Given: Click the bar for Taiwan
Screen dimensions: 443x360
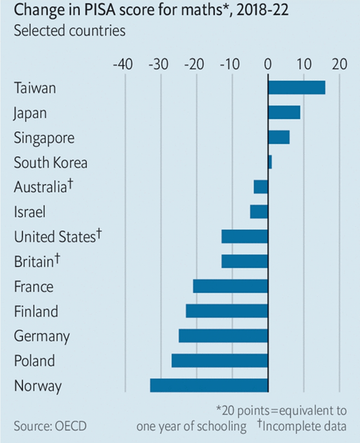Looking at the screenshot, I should coord(296,87).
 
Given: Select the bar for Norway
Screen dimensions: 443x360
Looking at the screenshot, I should coord(208,385).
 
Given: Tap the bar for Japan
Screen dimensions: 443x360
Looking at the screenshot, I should coord(284,112).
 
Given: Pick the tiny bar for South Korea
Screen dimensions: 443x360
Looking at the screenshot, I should coord(269,162).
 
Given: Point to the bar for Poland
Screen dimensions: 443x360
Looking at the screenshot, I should coord(219,360).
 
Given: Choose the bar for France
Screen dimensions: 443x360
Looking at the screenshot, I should coord(230,286).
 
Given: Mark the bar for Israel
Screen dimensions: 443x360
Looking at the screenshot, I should coord(258,211).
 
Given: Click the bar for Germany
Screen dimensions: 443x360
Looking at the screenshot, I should coord(223,335).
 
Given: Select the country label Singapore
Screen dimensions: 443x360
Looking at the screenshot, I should coord(44,138).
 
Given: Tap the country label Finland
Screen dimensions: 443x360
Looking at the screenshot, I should coord(36,312).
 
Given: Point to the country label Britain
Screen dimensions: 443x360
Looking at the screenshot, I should coord(34,262).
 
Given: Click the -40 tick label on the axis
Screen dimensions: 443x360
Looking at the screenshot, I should coord(122,65).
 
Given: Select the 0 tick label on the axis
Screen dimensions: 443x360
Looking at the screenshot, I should coord(268,65).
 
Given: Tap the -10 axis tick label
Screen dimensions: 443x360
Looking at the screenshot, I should coord(230,65).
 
